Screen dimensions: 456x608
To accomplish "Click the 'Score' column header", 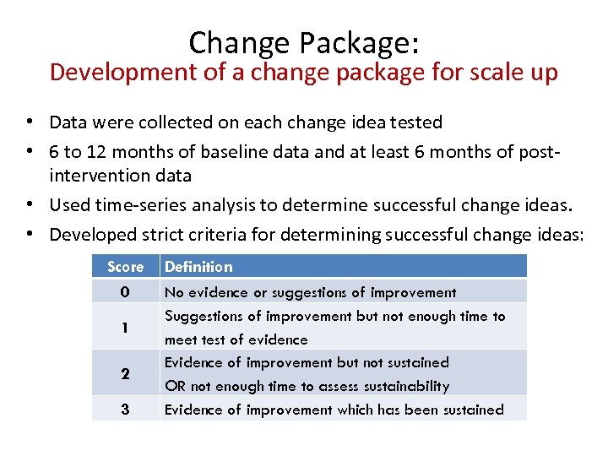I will click(125, 267).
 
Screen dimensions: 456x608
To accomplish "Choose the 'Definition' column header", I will click(198, 267).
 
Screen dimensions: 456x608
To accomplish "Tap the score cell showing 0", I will click(125, 292).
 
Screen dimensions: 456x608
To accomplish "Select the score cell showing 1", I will click(125, 328).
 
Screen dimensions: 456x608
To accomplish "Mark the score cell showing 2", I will click(125, 374).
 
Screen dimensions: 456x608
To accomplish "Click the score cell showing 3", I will click(125, 410).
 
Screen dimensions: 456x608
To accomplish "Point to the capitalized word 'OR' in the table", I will click(175, 386).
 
